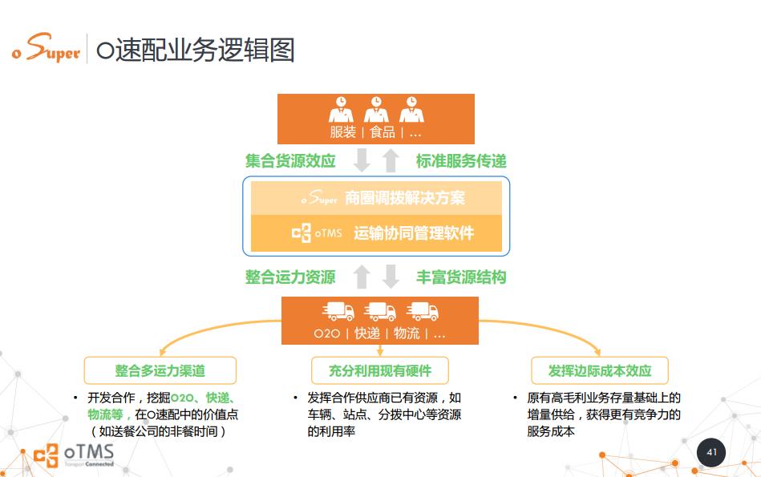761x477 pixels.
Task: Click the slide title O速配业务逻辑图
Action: coord(195,50)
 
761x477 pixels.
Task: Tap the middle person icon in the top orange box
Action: coord(376,109)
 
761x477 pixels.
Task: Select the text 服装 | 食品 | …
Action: coord(375,132)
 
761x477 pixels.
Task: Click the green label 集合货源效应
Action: coord(290,160)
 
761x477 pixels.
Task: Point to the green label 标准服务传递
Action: coord(461,160)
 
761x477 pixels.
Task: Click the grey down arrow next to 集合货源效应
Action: coord(362,160)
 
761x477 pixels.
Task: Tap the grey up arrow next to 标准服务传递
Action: coord(391,160)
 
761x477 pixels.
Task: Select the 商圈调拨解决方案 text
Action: coord(405,197)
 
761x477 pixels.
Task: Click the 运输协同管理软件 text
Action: coord(414,233)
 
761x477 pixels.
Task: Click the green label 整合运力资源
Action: coord(290,277)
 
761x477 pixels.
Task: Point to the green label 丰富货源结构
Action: coord(461,277)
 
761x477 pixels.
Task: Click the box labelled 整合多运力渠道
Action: coord(160,370)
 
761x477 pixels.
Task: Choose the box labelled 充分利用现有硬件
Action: coord(380,370)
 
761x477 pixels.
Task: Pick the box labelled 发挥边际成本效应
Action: coord(600,370)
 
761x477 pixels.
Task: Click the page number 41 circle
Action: coord(711,452)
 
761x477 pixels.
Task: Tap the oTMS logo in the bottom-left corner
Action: coord(74,455)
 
